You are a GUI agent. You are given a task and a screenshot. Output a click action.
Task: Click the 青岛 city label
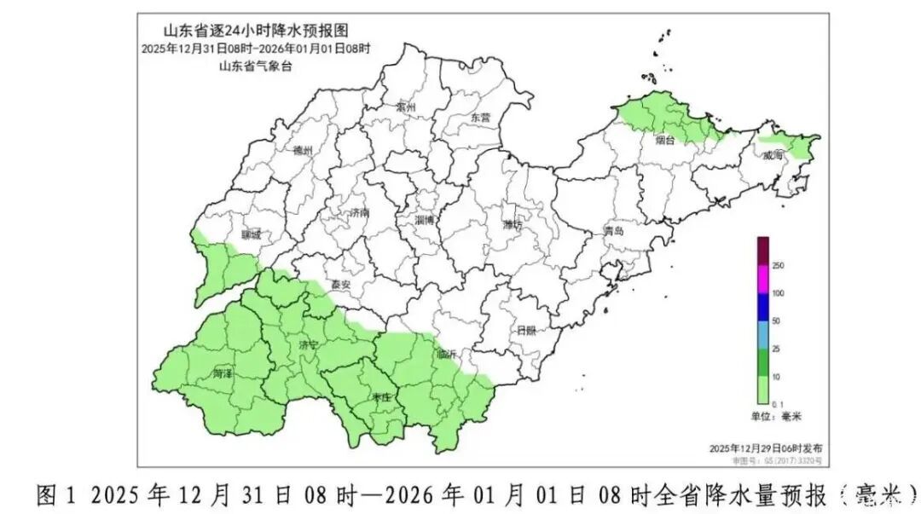(614, 231)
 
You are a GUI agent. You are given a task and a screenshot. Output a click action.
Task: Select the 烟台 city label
(664, 141)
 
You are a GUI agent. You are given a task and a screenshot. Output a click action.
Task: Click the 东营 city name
(480, 118)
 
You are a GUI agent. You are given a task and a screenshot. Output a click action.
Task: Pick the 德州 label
(303, 151)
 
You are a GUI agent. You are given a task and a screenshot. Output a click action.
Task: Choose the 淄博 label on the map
(424, 219)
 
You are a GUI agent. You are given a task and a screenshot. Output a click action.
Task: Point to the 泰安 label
(340, 286)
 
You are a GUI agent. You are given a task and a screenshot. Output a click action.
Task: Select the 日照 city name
(526, 331)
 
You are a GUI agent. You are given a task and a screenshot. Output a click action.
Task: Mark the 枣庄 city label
(381, 397)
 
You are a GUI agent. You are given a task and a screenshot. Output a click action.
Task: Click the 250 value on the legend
(778, 265)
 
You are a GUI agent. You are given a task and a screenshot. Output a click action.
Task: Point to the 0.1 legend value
(777, 403)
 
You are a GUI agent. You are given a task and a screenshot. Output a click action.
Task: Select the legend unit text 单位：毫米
(777, 416)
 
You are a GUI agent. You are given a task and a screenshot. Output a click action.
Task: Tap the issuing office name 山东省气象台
(255, 66)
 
